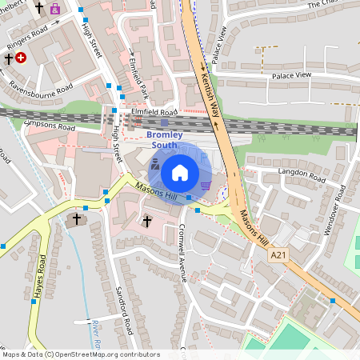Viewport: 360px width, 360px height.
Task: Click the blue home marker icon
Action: [x=180, y=173]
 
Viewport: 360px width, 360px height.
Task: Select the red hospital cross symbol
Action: [x=21, y=58]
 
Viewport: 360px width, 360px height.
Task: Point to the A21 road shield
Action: [x=278, y=255]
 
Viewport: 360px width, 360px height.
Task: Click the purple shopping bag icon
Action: [x=54, y=10]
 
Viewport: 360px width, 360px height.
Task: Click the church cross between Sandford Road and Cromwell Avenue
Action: [x=146, y=220]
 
